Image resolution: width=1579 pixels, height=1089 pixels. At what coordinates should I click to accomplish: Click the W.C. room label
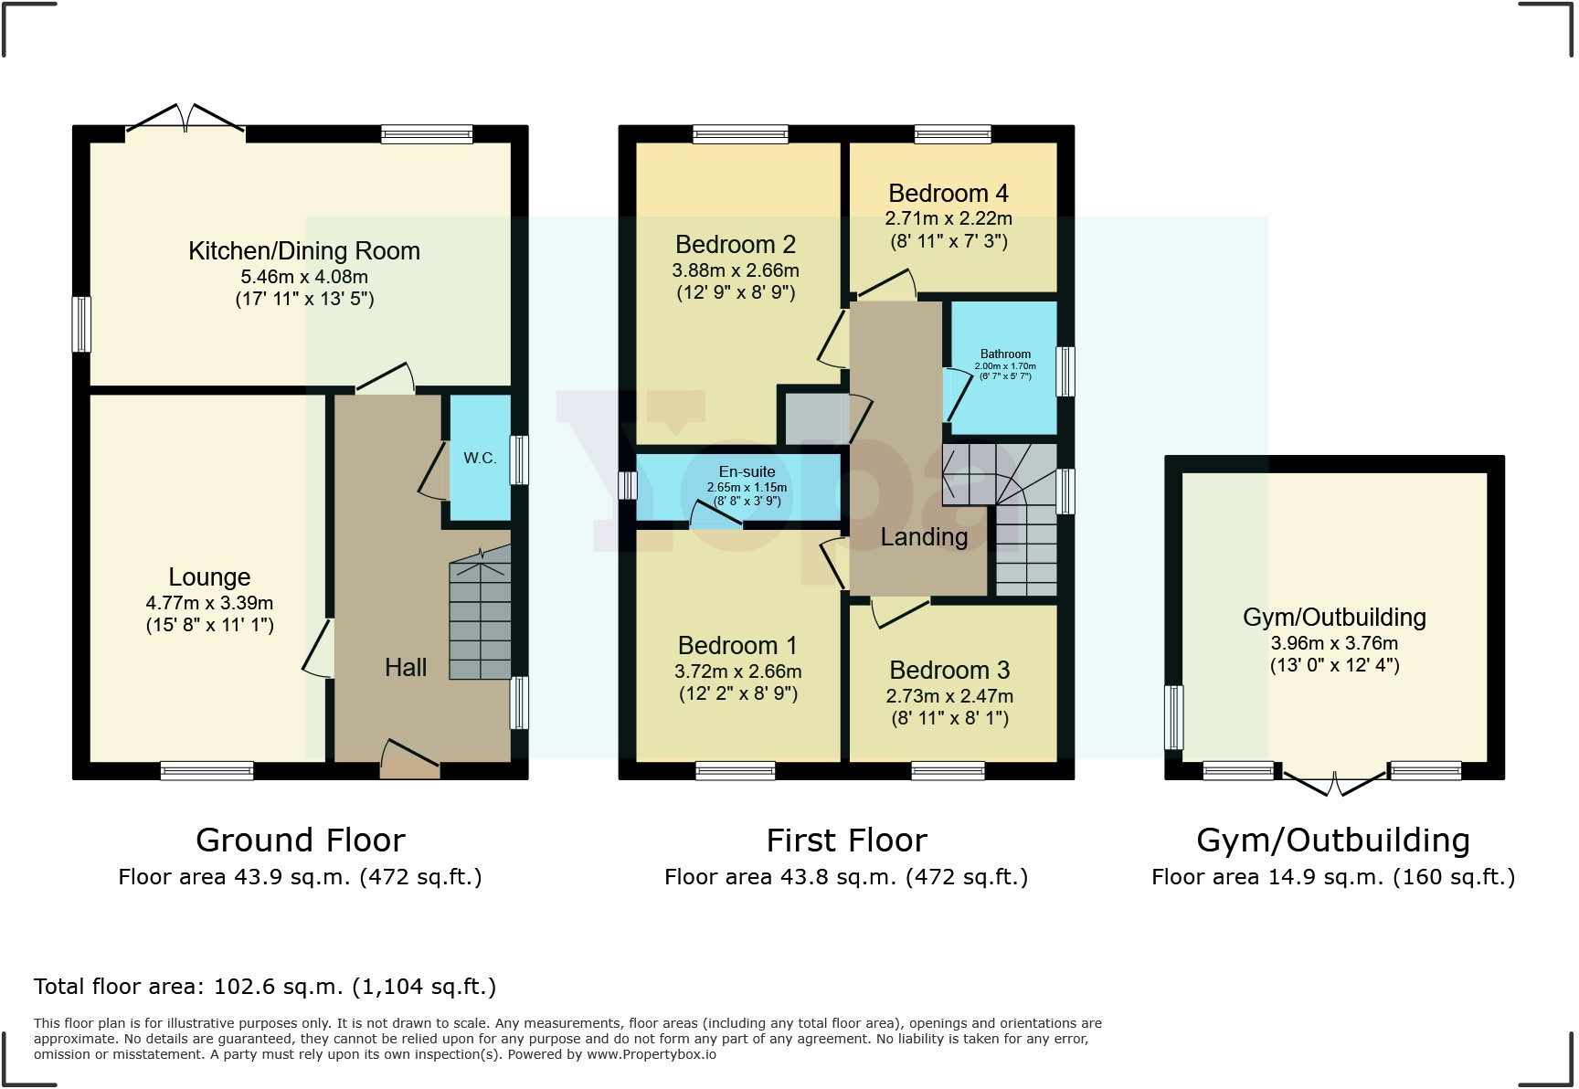click(480, 459)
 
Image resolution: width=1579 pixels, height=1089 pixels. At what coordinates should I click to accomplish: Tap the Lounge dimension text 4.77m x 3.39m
click(209, 603)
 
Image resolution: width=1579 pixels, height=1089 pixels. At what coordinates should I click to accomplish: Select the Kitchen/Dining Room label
click(304, 251)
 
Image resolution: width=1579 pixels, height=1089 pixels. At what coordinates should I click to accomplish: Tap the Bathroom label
click(1005, 354)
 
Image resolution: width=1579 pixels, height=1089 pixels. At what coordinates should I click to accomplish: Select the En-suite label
click(747, 472)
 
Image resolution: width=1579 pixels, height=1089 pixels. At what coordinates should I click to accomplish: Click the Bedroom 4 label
click(948, 194)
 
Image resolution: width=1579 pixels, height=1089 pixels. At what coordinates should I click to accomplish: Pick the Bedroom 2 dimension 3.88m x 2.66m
click(736, 270)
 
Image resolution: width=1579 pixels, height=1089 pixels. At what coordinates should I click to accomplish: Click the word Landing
click(924, 537)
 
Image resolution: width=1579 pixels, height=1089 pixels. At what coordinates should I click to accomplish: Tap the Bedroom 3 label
click(949, 671)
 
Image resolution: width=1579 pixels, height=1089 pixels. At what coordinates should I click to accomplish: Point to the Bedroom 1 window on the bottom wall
click(736, 772)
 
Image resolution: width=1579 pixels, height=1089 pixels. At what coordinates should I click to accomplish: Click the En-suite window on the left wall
click(628, 485)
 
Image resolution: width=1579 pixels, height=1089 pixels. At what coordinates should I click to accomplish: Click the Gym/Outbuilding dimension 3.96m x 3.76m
click(1334, 643)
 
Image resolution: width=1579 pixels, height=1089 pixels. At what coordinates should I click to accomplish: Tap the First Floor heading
click(846, 841)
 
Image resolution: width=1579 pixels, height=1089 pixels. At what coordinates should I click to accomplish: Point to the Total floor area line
click(265, 987)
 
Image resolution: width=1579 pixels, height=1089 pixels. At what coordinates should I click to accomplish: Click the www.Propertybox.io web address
click(651, 1054)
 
